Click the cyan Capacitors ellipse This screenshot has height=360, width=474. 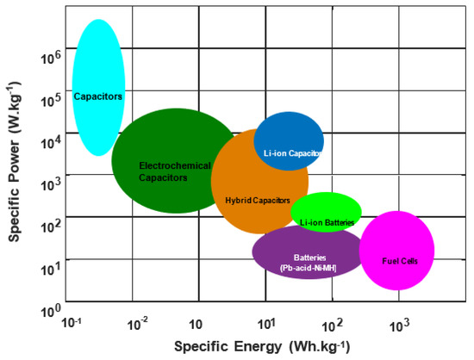[x=98, y=60]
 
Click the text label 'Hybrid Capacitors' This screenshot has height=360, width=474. [x=257, y=200]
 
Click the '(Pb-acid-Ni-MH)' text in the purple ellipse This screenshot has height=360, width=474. [x=308, y=268]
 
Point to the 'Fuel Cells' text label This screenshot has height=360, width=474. [x=400, y=260]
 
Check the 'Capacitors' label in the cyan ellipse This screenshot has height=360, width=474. [x=97, y=96]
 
